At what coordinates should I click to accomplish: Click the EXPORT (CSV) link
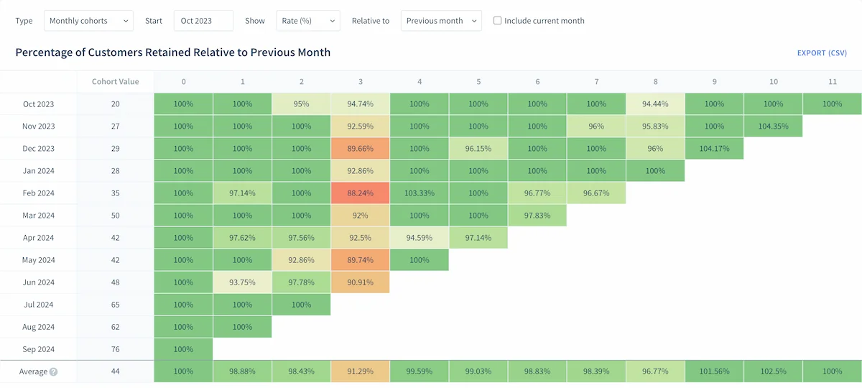coord(822,53)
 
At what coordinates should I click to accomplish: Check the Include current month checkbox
coord(497,21)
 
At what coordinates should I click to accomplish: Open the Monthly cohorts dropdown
coord(88,21)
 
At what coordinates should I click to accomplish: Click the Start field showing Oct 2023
coord(203,21)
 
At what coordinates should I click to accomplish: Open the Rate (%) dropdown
coord(307,21)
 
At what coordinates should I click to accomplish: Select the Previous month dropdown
coord(440,21)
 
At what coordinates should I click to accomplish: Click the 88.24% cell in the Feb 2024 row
coord(361,193)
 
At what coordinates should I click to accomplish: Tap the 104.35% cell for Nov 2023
coord(773,126)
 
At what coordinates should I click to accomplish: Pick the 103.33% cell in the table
coord(420,193)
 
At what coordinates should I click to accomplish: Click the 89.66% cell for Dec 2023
coord(361,149)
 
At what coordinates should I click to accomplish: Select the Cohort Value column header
coord(115,82)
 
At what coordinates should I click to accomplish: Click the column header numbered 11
coord(832,82)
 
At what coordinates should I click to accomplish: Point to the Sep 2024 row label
coord(38,349)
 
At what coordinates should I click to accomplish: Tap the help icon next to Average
coord(53,372)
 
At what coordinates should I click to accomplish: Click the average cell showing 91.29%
coord(361,371)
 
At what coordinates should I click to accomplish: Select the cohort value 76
coord(115,349)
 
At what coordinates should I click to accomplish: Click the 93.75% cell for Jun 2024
coord(243,282)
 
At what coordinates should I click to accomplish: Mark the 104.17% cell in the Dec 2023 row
coord(714,149)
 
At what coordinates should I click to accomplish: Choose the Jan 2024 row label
coord(38,171)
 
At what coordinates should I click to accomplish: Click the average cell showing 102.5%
coord(773,371)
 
